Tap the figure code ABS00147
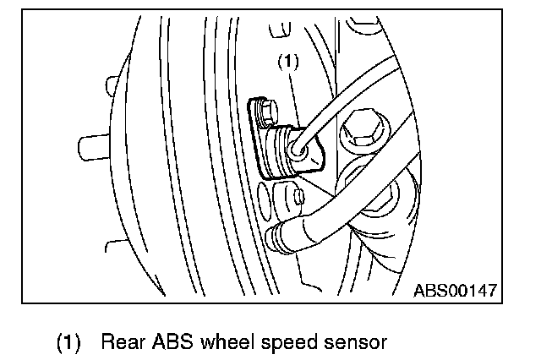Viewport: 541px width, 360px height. tap(454, 291)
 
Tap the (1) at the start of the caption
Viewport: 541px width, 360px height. tap(69, 343)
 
